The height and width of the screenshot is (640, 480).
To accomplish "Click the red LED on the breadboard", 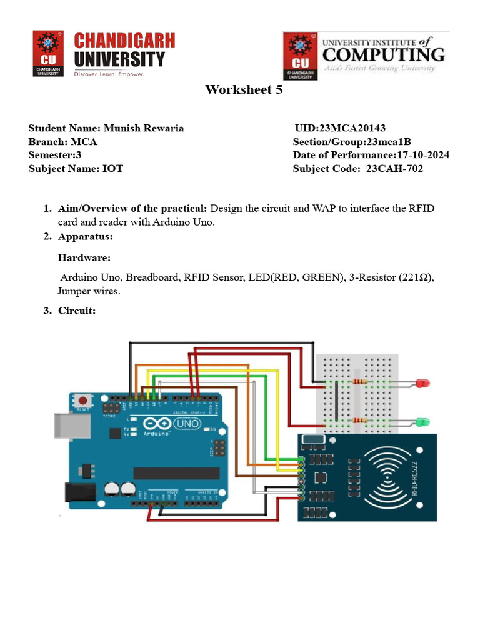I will pyautogui.click(x=423, y=382).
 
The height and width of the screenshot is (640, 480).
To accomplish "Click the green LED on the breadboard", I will pyautogui.click(x=423, y=422).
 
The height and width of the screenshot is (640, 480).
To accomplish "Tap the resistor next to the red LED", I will pyautogui.click(x=360, y=381).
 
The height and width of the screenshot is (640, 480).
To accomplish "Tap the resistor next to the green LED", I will pyautogui.click(x=360, y=421).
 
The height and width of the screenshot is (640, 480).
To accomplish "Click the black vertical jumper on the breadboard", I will pyautogui.click(x=336, y=400).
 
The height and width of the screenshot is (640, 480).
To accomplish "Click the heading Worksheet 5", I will pyautogui.click(x=244, y=90).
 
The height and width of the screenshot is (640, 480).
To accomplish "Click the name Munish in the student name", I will pyautogui.click(x=122, y=128).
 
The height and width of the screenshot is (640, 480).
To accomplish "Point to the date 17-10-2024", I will pyautogui.click(x=422, y=155).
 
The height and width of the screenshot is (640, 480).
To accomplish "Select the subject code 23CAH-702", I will pyautogui.click(x=394, y=169).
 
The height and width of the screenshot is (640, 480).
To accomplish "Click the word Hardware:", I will pyautogui.click(x=84, y=257).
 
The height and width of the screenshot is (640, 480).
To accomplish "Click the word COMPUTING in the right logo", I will pyautogui.click(x=383, y=54).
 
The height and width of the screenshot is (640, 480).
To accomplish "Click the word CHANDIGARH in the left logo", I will pyautogui.click(x=124, y=42).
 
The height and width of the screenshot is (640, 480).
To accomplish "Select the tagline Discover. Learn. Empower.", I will pyautogui.click(x=109, y=74).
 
